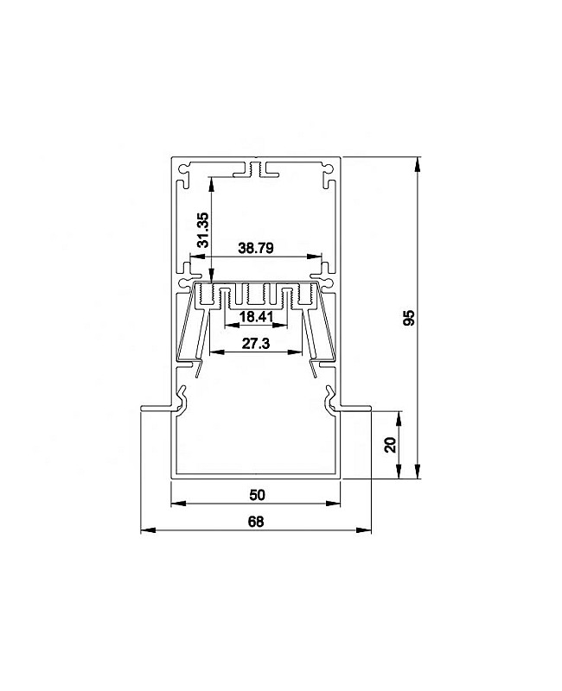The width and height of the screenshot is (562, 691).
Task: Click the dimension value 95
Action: click(x=410, y=317)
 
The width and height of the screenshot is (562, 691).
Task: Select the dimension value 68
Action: click(x=256, y=522)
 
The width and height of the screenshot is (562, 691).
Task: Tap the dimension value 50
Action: click(x=257, y=495)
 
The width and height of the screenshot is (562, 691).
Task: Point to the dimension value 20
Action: click(x=391, y=445)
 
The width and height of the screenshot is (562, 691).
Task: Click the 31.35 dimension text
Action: click(x=203, y=230)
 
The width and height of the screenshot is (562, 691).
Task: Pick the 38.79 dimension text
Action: click(x=256, y=248)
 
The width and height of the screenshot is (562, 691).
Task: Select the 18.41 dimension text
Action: click(x=257, y=316)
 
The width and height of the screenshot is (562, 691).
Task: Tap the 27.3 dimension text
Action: click(x=256, y=343)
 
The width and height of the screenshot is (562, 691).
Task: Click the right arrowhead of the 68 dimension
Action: click(x=363, y=529)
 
